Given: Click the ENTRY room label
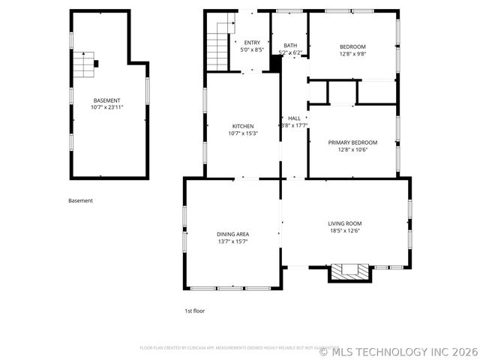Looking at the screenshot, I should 252,43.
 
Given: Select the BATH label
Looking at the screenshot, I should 289,46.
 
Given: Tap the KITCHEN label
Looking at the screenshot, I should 242,126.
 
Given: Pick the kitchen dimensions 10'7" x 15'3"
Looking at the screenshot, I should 242,133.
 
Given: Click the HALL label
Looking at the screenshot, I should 294,118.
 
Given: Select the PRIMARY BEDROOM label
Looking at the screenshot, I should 352,142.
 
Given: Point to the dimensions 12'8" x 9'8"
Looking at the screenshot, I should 352,54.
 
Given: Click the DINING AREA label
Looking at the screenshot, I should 232,234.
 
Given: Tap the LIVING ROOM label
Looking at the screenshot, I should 344,223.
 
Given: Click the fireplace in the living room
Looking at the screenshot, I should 350,271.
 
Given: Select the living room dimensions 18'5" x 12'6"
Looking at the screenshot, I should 344,231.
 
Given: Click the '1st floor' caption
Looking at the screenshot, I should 194,310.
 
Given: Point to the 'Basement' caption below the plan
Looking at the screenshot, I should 80,200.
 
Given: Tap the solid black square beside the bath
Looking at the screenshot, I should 275,63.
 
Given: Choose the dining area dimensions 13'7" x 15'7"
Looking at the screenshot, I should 232,241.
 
